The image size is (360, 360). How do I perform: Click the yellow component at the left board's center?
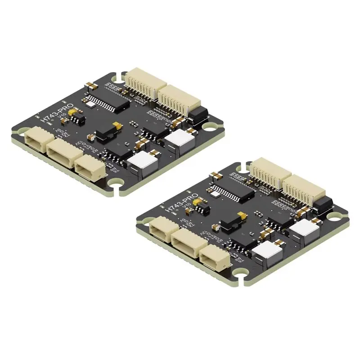coord(117,125)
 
